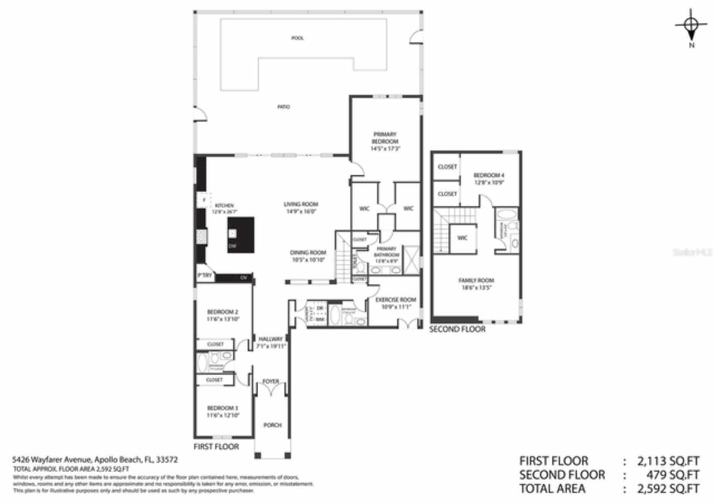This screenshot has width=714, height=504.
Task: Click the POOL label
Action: click(297, 38)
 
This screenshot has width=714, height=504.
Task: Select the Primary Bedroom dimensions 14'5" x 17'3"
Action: click(385, 149)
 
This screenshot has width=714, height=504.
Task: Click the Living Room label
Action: click(301, 204)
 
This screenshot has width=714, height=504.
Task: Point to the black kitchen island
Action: click(240, 235)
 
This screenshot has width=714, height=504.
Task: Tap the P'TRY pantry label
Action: click(202, 276)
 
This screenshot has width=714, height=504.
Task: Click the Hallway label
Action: click(271, 338)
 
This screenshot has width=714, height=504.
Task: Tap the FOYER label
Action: click(271, 381)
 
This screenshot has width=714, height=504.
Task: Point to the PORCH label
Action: click(272, 425)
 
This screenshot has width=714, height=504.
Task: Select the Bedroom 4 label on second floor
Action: click(489, 175)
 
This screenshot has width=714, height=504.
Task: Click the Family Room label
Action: click(476, 280)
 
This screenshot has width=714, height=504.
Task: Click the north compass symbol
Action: click(691, 26)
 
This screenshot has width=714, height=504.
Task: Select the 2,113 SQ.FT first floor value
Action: click(668, 461)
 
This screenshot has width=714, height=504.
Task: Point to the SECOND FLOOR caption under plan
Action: click(457, 329)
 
